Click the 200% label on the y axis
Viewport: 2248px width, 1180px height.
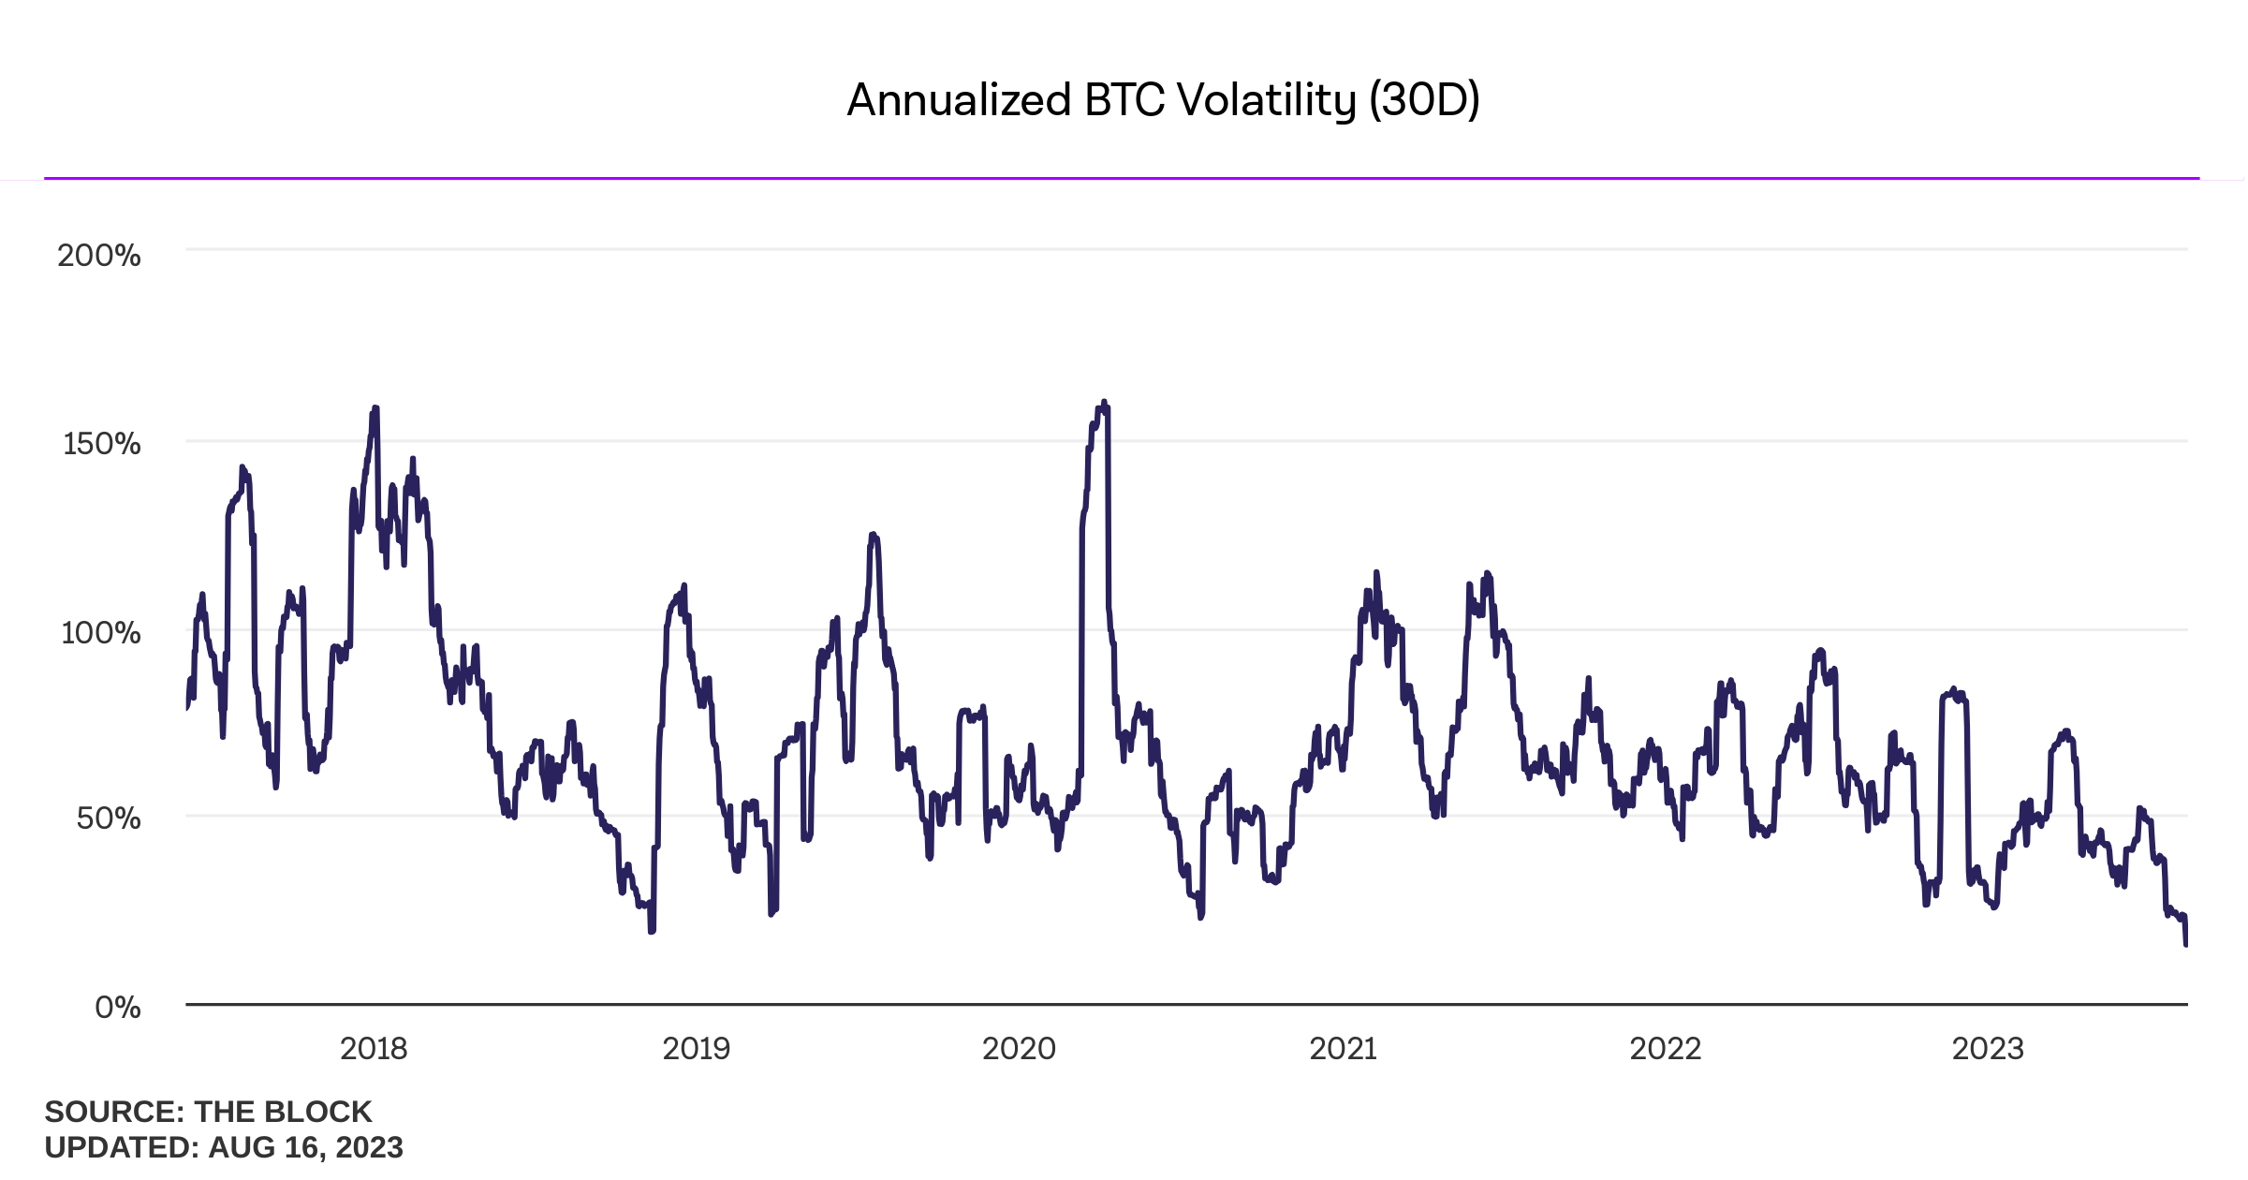point(98,256)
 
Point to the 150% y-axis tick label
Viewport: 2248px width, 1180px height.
point(101,444)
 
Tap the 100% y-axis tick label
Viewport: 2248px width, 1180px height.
point(100,633)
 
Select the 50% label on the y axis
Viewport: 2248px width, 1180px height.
point(109,819)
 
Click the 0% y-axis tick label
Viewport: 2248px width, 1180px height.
point(118,1008)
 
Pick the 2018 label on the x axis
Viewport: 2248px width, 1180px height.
point(374,1049)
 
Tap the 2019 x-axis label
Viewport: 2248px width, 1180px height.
point(696,1049)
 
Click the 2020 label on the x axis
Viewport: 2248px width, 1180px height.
point(1019,1049)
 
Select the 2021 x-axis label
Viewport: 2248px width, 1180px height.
point(1343,1049)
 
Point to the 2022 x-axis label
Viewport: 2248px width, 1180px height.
point(1665,1049)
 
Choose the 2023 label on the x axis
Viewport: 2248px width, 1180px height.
point(1987,1049)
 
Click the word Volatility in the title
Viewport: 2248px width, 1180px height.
point(1266,100)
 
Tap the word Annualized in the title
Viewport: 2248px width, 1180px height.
point(959,100)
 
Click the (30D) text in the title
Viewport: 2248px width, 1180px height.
point(1424,100)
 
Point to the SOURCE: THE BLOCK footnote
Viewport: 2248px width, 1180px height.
point(208,1112)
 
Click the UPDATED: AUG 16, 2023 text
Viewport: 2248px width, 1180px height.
point(224,1147)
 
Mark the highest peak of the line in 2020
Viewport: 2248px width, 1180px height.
point(1104,403)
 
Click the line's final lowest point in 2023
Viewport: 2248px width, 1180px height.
point(2185,944)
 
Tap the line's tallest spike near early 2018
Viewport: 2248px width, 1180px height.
point(375,408)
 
